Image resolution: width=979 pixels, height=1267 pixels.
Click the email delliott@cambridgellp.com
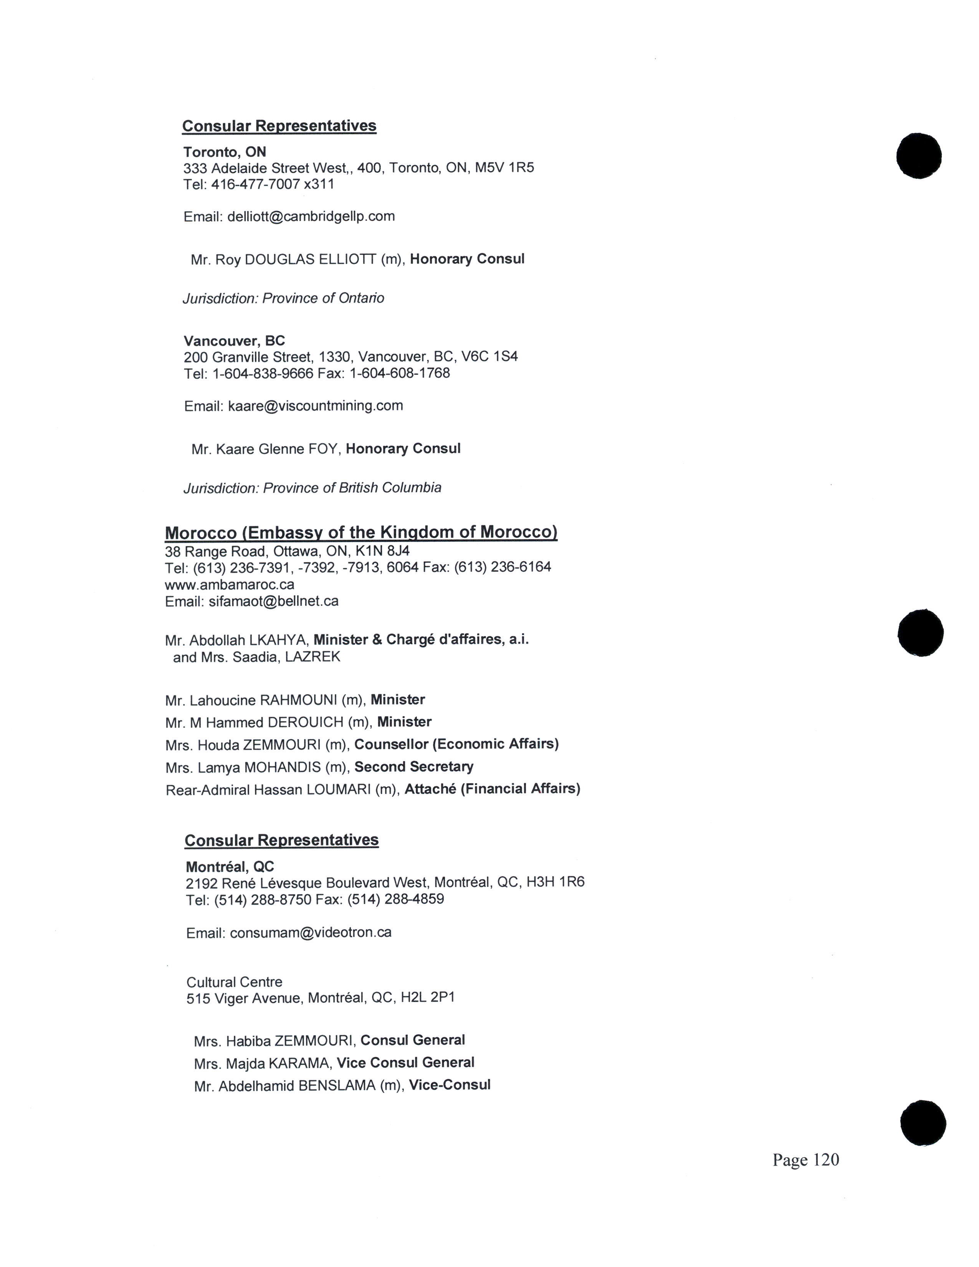[x=311, y=217]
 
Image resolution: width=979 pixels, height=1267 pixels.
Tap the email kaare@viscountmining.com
[x=316, y=405]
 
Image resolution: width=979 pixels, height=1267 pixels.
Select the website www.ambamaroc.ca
[x=229, y=584]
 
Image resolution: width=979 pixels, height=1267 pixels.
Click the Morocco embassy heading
[x=361, y=533]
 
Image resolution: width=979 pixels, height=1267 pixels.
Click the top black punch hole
[x=919, y=155]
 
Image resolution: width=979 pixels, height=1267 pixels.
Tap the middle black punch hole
[x=920, y=633]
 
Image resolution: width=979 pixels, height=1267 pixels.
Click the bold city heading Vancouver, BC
[x=234, y=341]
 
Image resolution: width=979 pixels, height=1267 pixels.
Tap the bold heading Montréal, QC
[x=230, y=867]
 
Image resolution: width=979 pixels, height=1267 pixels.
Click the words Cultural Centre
[x=234, y=982]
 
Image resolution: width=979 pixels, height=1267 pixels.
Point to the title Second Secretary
[x=413, y=767]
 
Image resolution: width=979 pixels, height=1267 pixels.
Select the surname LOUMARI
[x=338, y=789]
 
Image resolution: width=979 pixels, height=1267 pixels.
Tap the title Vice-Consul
[x=450, y=1085]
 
